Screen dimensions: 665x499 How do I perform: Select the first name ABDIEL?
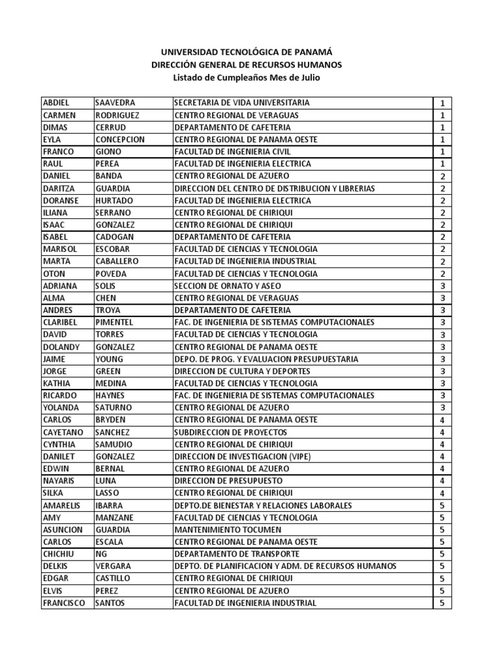click(x=56, y=103)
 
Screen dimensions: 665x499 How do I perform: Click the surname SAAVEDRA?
click(x=116, y=103)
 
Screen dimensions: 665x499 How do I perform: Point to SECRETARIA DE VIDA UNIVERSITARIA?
click(x=242, y=103)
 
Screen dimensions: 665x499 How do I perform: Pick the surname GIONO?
click(x=107, y=151)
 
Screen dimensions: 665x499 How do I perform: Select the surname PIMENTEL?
click(x=114, y=322)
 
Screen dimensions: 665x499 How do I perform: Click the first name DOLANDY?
click(x=60, y=347)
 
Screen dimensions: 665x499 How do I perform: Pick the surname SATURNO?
click(x=114, y=408)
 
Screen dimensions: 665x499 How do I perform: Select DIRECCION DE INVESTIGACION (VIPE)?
click(x=242, y=457)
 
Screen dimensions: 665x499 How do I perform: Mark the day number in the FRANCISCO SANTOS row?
click(x=442, y=603)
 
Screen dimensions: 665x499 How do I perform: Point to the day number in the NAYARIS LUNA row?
click(x=442, y=481)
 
